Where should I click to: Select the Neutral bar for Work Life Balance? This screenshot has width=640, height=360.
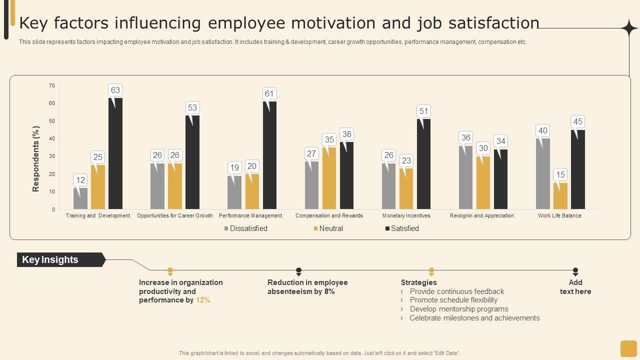pyautogui.click(x=560, y=196)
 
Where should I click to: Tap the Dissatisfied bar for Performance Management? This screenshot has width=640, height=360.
pyautogui.click(x=234, y=192)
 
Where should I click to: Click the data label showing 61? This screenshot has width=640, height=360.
pyautogui.click(x=269, y=94)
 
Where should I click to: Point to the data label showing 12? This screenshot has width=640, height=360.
pyautogui.click(x=80, y=180)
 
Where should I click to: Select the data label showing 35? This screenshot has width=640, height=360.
pyautogui.click(x=329, y=139)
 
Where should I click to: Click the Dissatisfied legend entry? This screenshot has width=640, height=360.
pyautogui.click(x=245, y=228)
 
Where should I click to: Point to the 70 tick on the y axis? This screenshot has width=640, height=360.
pyautogui.click(x=52, y=86)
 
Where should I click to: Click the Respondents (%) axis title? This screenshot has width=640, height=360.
pyautogui.click(x=36, y=158)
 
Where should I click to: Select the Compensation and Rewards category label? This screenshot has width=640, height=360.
pyautogui.click(x=329, y=216)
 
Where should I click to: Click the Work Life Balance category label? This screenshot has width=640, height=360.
pyautogui.click(x=559, y=216)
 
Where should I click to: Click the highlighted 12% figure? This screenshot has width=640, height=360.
pyautogui.click(x=203, y=300)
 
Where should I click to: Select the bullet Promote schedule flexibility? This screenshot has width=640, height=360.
pyautogui.click(x=453, y=300)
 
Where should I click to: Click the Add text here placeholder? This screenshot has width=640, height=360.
pyautogui.click(x=575, y=287)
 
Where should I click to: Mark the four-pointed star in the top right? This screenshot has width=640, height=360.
pyautogui.click(x=629, y=28)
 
